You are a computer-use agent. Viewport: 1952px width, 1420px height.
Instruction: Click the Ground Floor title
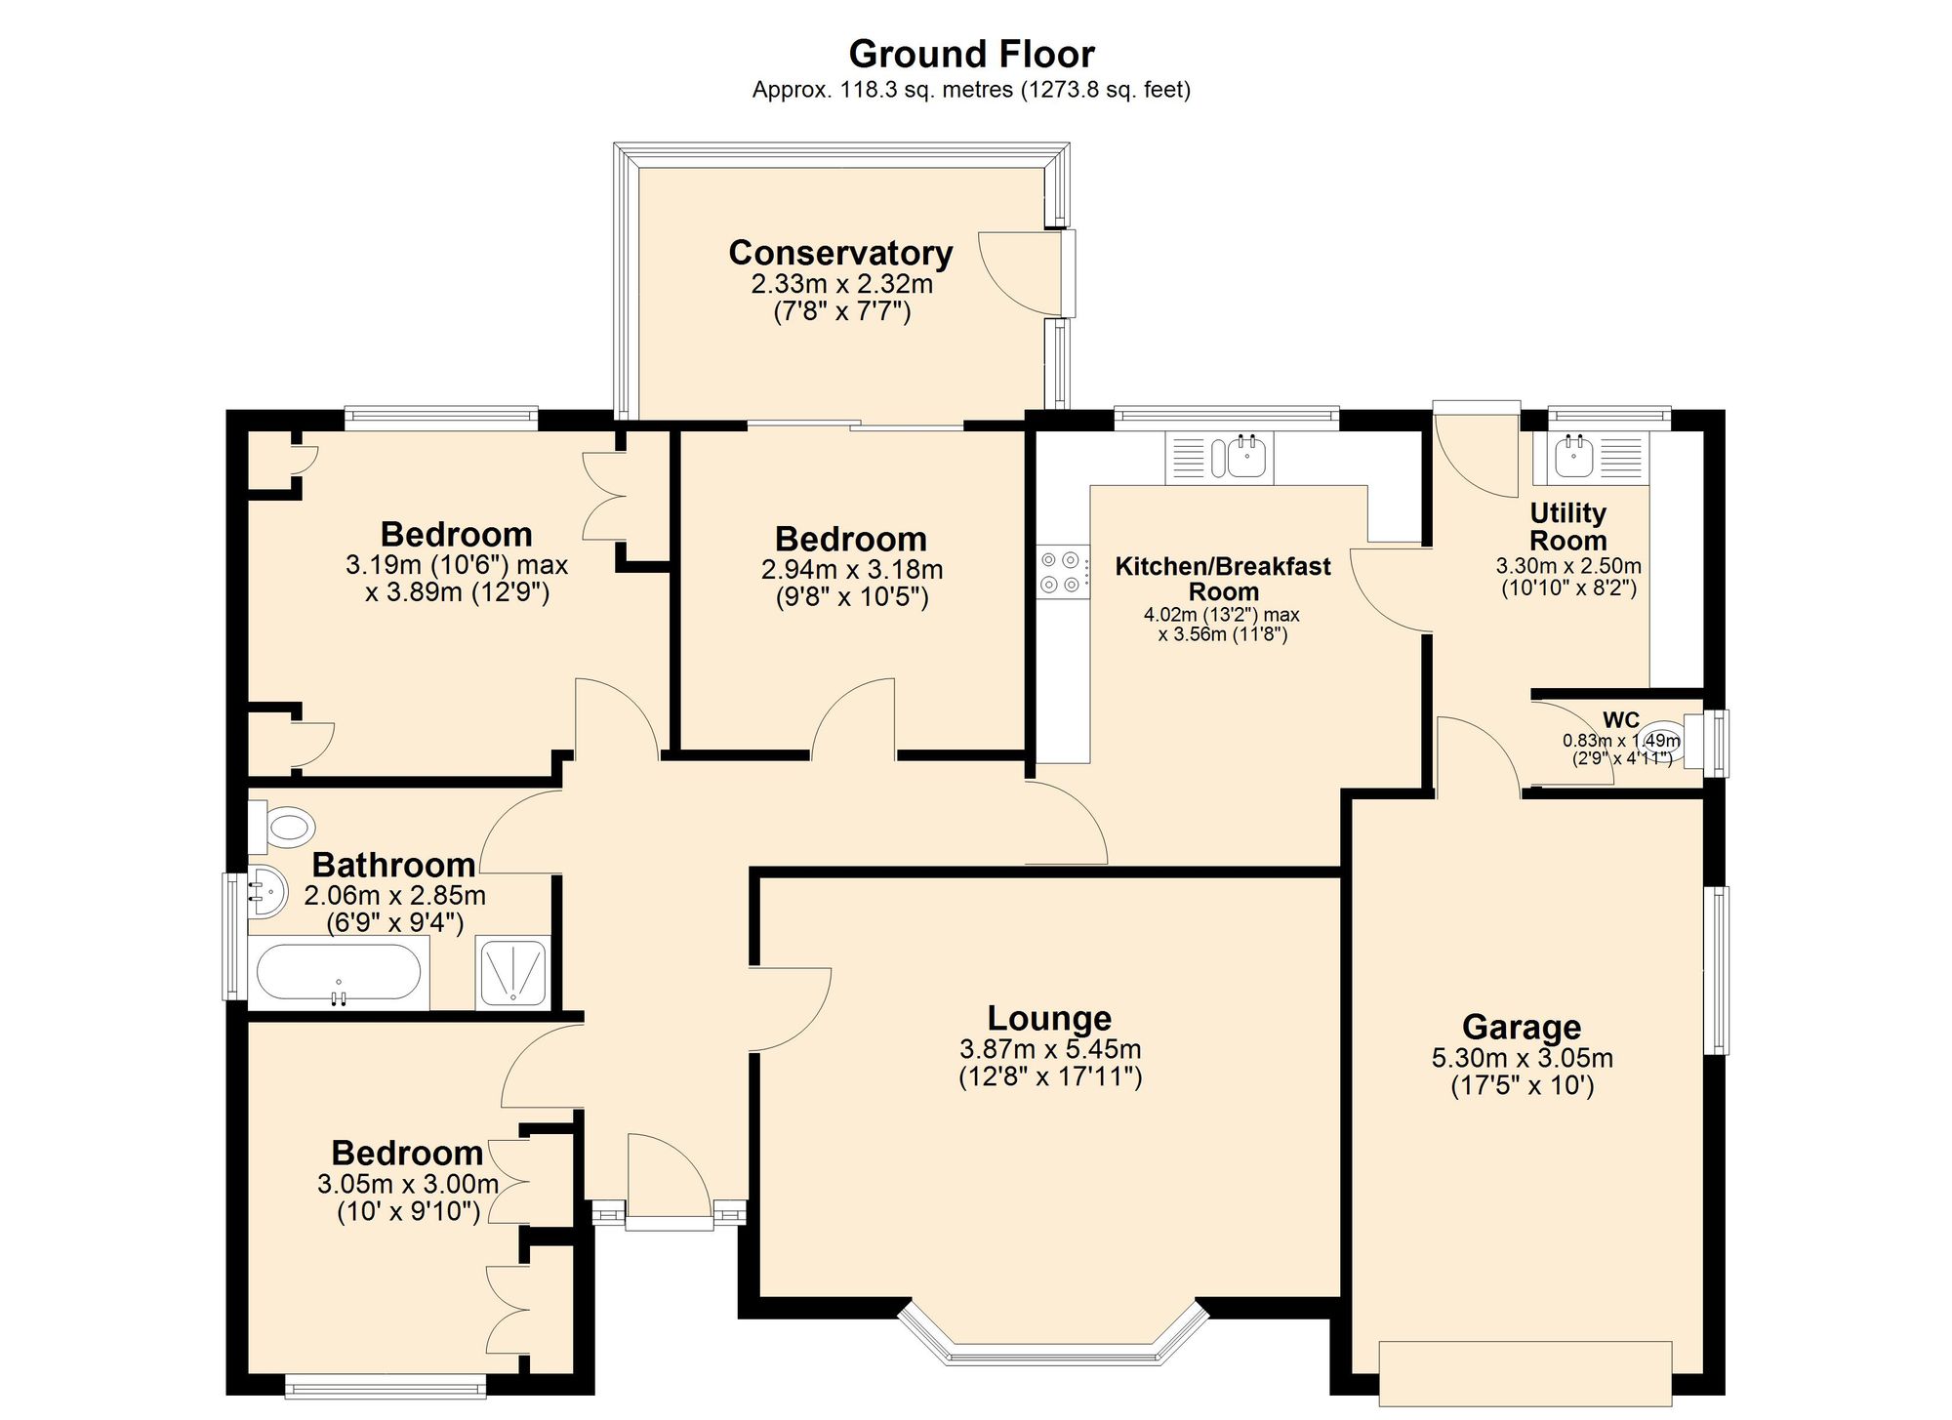(971, 55)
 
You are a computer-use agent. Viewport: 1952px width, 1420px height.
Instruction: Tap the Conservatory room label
(840, 253)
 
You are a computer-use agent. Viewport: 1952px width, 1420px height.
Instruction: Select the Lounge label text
(1049, 1018)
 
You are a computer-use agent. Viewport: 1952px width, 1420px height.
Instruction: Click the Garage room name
(1522, 1027)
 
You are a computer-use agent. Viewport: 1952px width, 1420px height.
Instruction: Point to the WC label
(1621, 720)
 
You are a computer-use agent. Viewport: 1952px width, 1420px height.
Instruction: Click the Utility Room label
(1567, 527)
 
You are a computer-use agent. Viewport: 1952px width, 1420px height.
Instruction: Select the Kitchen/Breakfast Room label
(1223, 579)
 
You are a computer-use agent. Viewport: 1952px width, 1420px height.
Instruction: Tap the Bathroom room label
(393, 865)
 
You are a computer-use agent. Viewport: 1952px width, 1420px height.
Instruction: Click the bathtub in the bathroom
(339, 973)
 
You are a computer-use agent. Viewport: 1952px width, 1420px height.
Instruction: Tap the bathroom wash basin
(266, 891)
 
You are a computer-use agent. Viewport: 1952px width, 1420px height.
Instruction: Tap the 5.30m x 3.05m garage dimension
(1522, 1058)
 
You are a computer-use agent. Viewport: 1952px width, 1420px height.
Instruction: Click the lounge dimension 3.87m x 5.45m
(1050, 1049)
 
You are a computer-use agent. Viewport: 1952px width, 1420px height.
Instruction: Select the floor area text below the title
(971, 91)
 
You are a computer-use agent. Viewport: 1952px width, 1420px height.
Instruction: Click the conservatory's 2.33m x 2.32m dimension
(841, 284)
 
